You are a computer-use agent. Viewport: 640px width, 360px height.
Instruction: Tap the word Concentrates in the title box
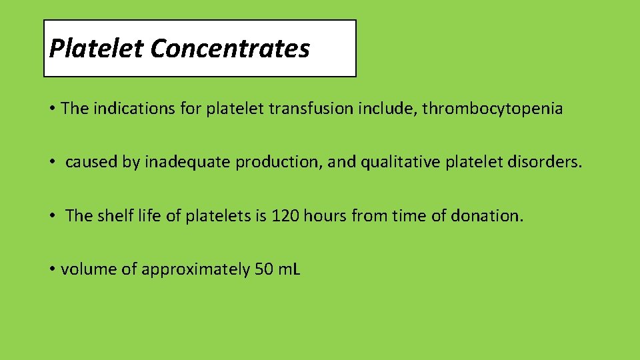click(x=230, y=48)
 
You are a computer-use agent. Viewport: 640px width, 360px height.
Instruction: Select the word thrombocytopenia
click(x=493, y=109)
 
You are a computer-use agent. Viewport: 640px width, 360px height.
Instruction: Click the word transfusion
click(x=324, y=109)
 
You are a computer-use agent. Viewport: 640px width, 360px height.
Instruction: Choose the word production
click(x=280, y=162)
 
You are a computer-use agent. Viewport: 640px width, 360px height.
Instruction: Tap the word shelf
click(x=115, y=215)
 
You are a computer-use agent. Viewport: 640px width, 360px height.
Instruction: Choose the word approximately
click(x=195, y=269)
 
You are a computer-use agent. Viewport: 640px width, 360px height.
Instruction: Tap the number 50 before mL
click(x=264, y=269)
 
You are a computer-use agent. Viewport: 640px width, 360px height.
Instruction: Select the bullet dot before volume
click(x=52, y=269)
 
